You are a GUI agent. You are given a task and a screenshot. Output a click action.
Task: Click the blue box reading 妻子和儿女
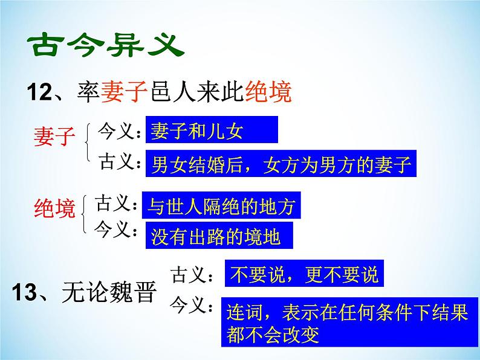coord(212,131)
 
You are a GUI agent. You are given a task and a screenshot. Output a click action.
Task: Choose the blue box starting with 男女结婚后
coord(281,164)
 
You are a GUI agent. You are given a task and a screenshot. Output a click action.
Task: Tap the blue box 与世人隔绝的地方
coord(221,206)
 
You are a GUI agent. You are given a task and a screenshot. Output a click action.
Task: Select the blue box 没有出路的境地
coord(218,236)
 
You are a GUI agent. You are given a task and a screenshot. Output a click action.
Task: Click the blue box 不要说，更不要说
coord(304,274)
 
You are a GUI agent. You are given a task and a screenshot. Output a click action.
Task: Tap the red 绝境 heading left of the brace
coord(54,210)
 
